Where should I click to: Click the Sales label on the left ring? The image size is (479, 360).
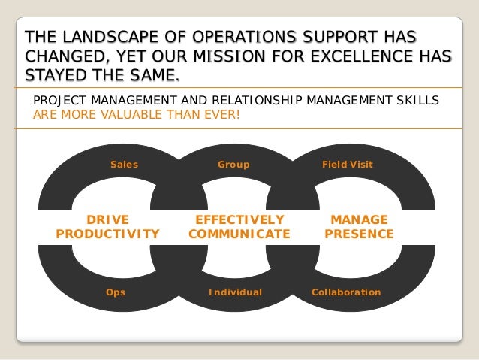pos(125,164)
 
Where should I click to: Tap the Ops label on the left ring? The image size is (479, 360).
pos(116,292)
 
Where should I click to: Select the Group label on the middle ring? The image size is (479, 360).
pos(233,164)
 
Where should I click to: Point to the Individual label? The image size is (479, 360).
pos(235,292)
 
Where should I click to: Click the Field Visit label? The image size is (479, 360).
pos(347,164)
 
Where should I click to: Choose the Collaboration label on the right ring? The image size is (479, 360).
pos(346,292)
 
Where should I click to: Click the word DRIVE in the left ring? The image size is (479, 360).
pos(108,219)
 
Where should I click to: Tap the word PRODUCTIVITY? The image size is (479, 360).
pos(108,234)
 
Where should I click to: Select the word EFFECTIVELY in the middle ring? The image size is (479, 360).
pos(239,219)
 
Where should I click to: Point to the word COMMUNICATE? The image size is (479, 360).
pos(239,234)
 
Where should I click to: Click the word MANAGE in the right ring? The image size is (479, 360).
pos(359,219)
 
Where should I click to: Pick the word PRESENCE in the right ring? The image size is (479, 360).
pos(359,234)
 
